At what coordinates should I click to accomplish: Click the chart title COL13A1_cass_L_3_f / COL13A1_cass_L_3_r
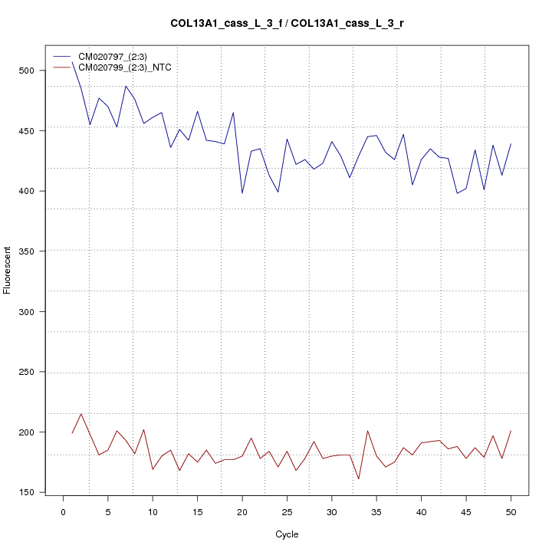(287, 24)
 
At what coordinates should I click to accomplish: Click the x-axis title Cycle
(287, 534)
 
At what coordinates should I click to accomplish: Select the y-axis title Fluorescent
(8, 270)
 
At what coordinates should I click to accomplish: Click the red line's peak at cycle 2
(81, 414)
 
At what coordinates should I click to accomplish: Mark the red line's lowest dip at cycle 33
(359, 479)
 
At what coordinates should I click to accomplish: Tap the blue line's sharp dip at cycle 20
(242, 193)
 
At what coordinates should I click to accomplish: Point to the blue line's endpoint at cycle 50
(511, 144)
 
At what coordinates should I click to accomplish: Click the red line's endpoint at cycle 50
(511, 431)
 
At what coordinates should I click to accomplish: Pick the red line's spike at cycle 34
(367, 431)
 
